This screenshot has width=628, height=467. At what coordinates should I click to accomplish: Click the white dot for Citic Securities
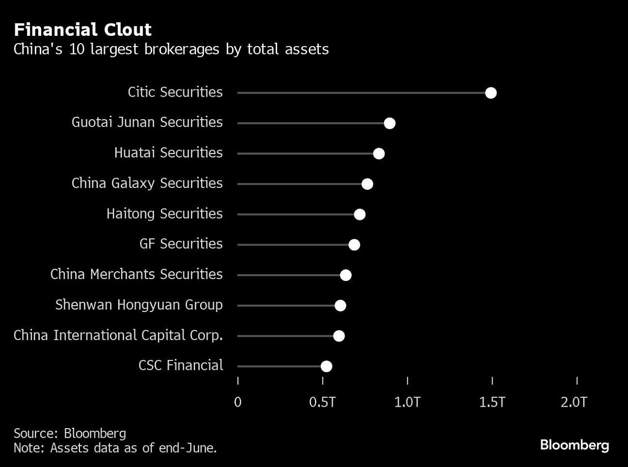pyautogui.click(x=491, y=93)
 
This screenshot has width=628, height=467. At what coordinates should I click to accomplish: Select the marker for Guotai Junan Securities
pyautogui.click(x=390, y=123)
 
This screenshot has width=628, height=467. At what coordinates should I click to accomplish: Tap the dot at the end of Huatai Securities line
pyautogui.click(x=379, y=154)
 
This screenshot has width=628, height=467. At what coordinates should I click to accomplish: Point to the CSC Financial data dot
pyautogui.click(x=326, y=366)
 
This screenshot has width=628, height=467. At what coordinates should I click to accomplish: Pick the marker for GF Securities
pyautogui.click(x=354, y=245)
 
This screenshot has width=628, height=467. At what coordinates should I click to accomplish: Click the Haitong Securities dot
pyautogui.click(x=360, y=214)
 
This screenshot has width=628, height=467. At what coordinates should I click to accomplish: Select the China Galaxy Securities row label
pyautogui.click(x=147, y=183)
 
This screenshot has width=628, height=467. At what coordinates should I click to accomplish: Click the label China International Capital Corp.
pyautogui.click(x=118, y=335)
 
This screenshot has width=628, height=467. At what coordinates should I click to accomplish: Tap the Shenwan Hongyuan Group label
pyautogui.click(x=139, y=305)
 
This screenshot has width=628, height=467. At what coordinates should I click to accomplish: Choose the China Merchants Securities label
pyautogui.click(x=136, y=274)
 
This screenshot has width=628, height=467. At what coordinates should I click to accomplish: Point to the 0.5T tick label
pyautogui.click(x=322, y=402)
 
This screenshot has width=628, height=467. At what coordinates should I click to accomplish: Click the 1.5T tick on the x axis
pyautogui.click(x=492, y=402)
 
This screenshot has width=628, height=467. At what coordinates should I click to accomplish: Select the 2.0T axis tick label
pyautogui.click(x=574, y=402)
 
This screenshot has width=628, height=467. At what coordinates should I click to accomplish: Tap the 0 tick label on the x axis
pyautogui.click(x=238, y=402)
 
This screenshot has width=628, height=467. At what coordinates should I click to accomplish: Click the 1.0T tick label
pyautogui.click(x=407, y=402)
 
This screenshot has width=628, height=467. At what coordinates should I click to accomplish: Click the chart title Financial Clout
pyautogui.click(x=82, y=30)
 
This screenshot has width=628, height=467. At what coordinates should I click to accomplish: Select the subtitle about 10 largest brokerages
pyautogui.click(x=171, y=50)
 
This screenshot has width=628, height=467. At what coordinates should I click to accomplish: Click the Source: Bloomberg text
pyautogui.click(x=70, y=433)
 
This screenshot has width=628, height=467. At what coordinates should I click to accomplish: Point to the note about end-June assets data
pyautogui.click(x=115, y=447)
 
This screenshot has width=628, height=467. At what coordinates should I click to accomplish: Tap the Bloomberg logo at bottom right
pyautogui.click(x=575, y=445)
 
